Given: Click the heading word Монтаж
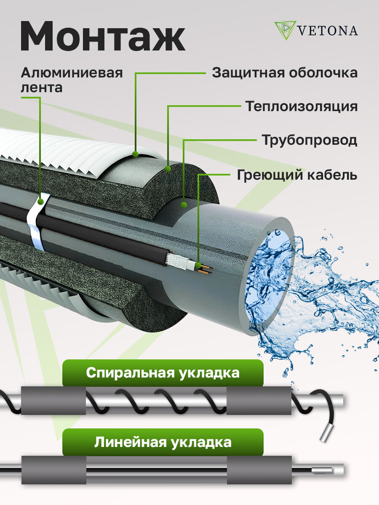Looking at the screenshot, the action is click(103, 38).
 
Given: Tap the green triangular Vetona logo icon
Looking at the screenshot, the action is click(285, 30).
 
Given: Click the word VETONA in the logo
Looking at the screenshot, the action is click(327, 31).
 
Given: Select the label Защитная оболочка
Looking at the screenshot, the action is click(285, 73).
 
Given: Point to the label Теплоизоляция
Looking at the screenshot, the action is click(302, 106).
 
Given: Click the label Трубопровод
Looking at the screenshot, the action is click(310, 140).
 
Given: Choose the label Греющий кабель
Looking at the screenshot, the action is click(297, 175).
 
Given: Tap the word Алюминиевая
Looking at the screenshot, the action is click(72, 72).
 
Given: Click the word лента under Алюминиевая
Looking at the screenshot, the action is click(41, 88).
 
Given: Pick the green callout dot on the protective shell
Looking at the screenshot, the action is click(135, 154).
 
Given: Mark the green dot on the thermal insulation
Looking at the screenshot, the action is click(168, 169).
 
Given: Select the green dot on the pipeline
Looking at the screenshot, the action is click(184, 205).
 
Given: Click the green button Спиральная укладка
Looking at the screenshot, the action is click(163, 373).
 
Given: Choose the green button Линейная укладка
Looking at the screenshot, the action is click(163, 442).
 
